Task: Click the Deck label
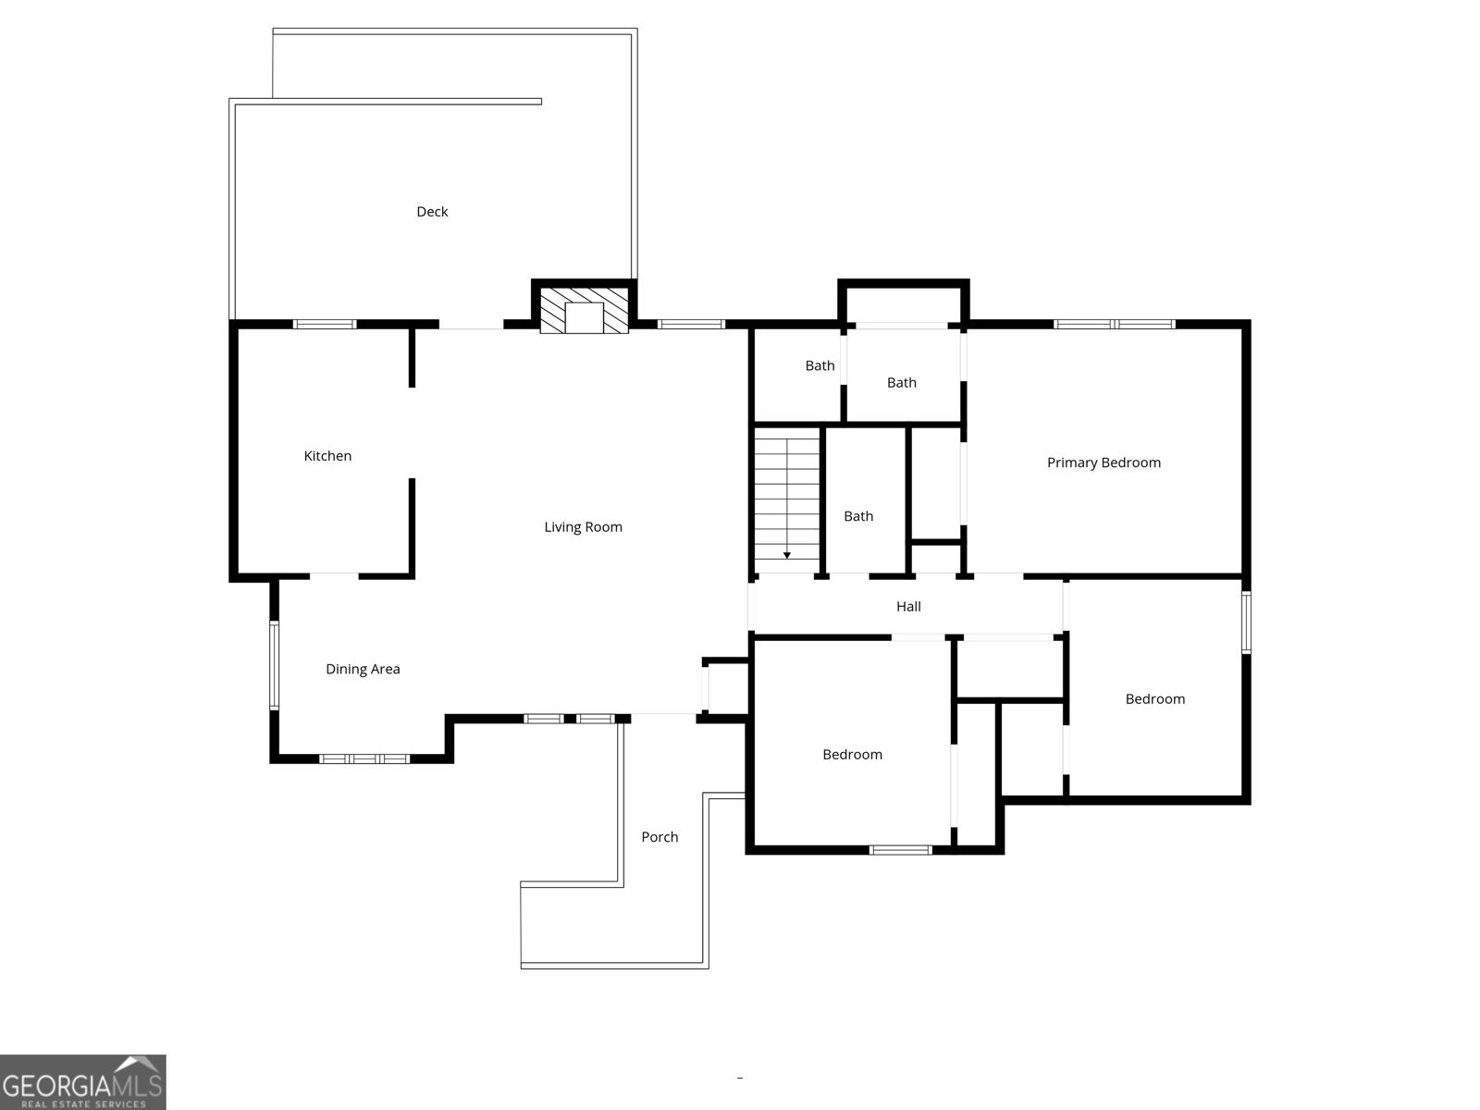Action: click(432, 212)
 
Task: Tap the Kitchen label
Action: click(327, 456)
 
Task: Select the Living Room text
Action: click(584, 527)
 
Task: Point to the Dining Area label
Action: click(363, 669)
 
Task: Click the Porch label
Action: click(660, 837)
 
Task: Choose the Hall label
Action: click(908, 607)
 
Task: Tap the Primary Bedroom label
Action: click(1104, 463)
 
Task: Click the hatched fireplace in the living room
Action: click(584, 310)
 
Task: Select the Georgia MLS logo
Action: click(83, 1081)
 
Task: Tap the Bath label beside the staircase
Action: click(858, 516)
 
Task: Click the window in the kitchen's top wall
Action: click(325, 324)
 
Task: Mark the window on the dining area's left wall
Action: click(275, 665)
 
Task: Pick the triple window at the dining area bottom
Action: click(364, 758)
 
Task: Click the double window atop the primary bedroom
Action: click(1115, 324)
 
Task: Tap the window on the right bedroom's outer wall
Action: click(1246, 622)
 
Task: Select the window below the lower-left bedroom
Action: click(901, 850)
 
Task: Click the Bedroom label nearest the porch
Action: click(852, 755)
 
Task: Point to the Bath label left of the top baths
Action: click(820, 366)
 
